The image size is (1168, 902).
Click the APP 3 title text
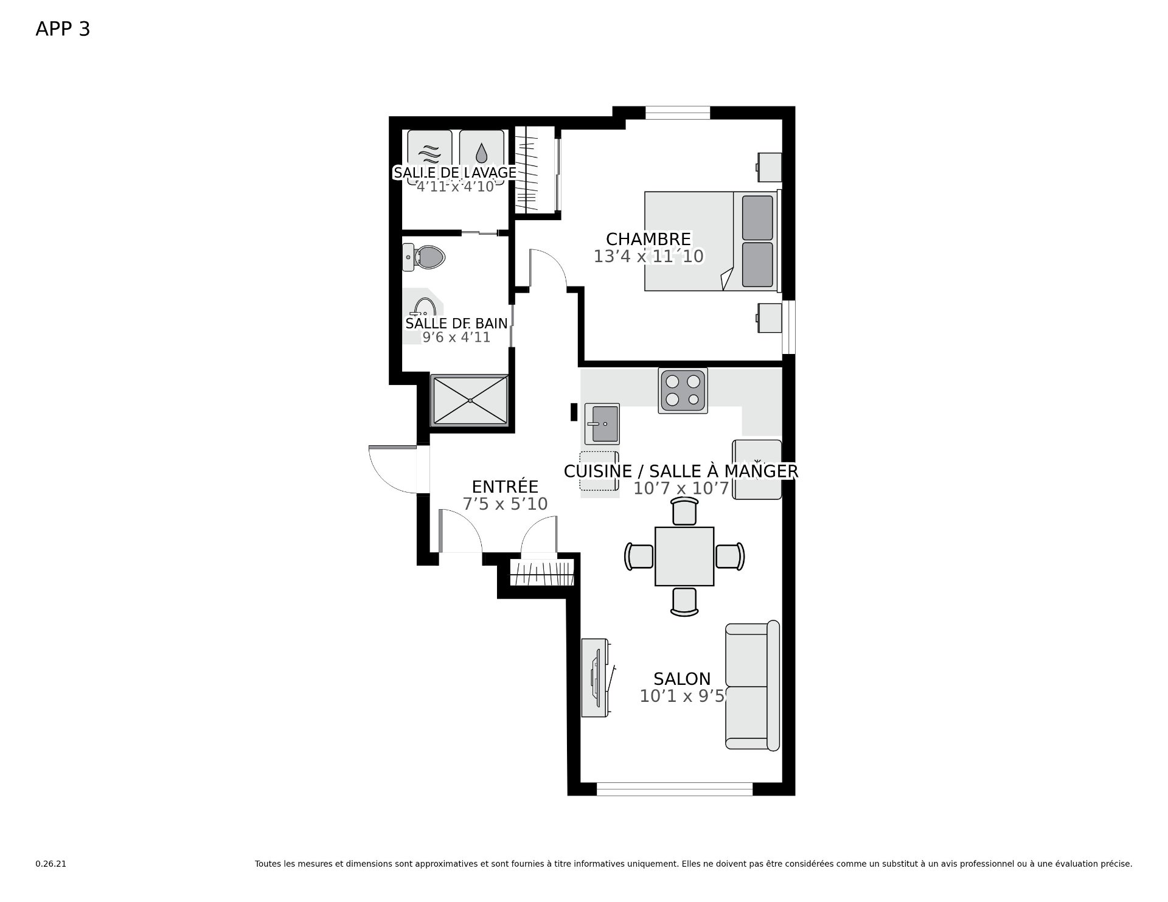coord(63,29)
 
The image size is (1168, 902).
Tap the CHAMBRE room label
coord(648,239)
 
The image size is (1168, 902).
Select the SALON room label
coord(682,679)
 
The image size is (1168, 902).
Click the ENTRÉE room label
coord(505,487)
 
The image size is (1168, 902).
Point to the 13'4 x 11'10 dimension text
coord(648,257)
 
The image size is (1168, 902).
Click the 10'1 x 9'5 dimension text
coord(682,696)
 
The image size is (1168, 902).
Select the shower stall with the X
coord(469,400)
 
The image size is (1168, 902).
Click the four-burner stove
coord(683,390)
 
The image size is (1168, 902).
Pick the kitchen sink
coord(602,423)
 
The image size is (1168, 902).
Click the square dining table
coord(684,557)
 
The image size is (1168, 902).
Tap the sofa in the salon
coord(753,685)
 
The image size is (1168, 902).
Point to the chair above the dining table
coord(684,511)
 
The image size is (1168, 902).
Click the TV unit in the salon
coord(596,678)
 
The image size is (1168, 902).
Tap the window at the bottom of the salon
coord(675,789)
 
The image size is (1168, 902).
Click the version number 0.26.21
coord(50,864)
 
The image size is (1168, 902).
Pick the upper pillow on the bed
coord(757,218)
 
